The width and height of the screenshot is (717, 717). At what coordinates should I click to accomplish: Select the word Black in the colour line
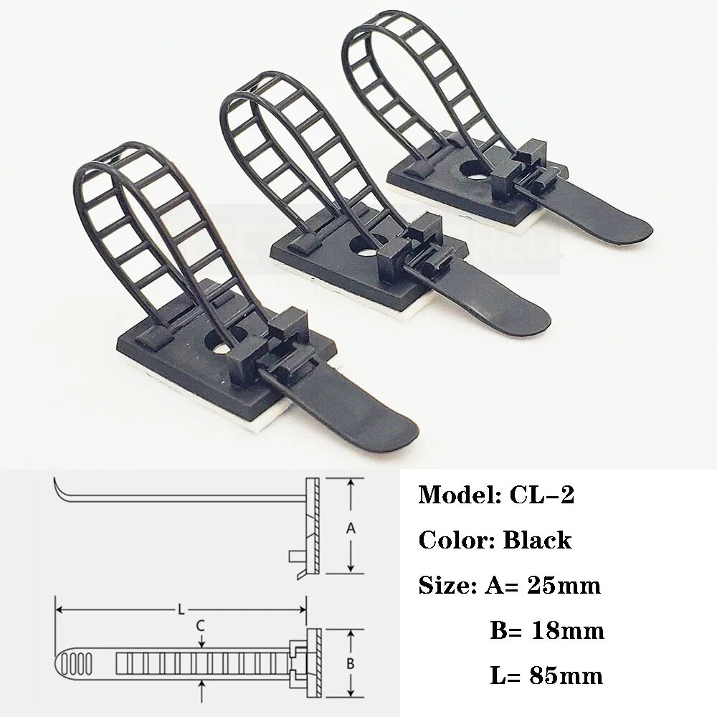536,540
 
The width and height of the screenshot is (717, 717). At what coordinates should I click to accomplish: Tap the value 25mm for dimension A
564,586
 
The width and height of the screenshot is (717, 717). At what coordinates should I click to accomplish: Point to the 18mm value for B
567,631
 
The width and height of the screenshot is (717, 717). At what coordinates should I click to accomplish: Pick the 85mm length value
566,675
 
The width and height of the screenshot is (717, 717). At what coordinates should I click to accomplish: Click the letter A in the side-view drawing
351,528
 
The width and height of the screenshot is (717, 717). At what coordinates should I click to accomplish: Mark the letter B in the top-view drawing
351,663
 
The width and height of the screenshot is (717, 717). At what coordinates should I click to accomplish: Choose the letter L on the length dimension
181,609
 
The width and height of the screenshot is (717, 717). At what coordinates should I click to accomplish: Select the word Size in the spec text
442,586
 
